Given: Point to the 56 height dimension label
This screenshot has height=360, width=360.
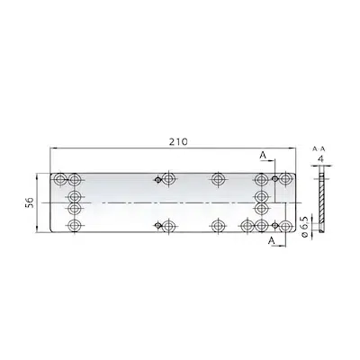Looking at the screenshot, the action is [28, 202].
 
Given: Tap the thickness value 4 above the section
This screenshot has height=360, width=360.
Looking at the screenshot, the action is [321, 159].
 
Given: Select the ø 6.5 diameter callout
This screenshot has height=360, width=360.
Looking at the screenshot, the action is [305, 227].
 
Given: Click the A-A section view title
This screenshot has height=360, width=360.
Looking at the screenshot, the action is [319, 148].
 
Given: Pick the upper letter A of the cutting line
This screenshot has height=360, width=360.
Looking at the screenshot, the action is [263, 155].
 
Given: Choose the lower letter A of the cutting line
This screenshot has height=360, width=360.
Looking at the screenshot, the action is [272, 240].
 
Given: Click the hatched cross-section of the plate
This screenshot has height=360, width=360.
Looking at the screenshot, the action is [321, 199].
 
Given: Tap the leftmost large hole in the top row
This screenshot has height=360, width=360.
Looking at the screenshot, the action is [60, 179].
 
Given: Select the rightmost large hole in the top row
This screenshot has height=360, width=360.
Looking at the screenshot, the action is [284, 179].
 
